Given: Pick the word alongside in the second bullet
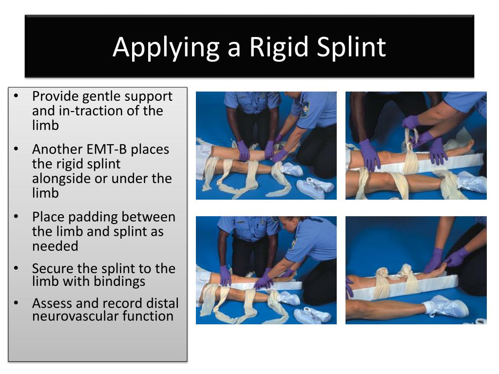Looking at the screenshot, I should point(61,178).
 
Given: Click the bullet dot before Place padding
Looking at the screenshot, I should point(17,217).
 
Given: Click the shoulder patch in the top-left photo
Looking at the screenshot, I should point(305,108).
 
